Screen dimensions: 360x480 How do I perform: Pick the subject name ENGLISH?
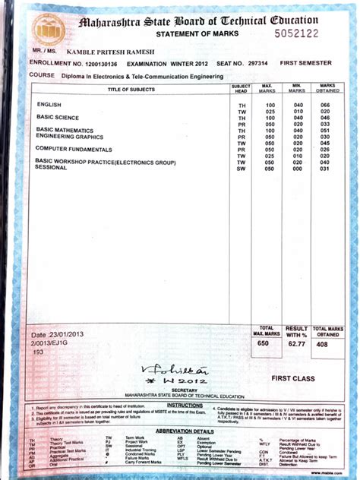coord(49,104)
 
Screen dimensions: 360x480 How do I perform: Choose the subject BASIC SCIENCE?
coord(58,117)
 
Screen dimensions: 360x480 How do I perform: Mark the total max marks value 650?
coord(264,344)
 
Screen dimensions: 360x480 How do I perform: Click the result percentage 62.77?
coord(296,344)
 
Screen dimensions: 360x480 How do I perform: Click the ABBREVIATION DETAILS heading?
coord(185,431)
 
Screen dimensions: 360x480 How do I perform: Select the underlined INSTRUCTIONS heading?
coord(185,406)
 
